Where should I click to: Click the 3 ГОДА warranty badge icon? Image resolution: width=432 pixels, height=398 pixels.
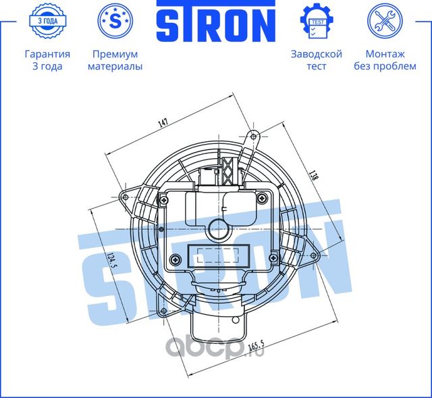pyautogui.click(x=47, y=22)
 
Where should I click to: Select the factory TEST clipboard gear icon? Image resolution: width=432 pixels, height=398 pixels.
pyautogui.click(x=316, y=22)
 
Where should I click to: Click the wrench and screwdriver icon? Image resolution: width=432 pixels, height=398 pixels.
pyautogui.click(x=385, y=22)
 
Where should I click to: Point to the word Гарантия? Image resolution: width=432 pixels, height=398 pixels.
pyautogui.click(x=47, y=54)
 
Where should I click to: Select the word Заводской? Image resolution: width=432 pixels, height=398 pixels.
pyautogui.click(x=316, y=54)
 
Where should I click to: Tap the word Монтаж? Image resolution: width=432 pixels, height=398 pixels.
pyautogui.click(x=385, y=54)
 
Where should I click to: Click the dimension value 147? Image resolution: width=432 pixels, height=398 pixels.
pyautogui.click(x=163, y=123)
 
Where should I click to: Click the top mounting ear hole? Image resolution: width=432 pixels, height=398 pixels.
pyautogui.click(x=254, y=137)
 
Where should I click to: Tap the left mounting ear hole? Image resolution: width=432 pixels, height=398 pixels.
pyautogui.click(x=124, y=197)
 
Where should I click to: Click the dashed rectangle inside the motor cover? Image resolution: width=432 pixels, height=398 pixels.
pyautogui.click(x=217, y=257)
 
